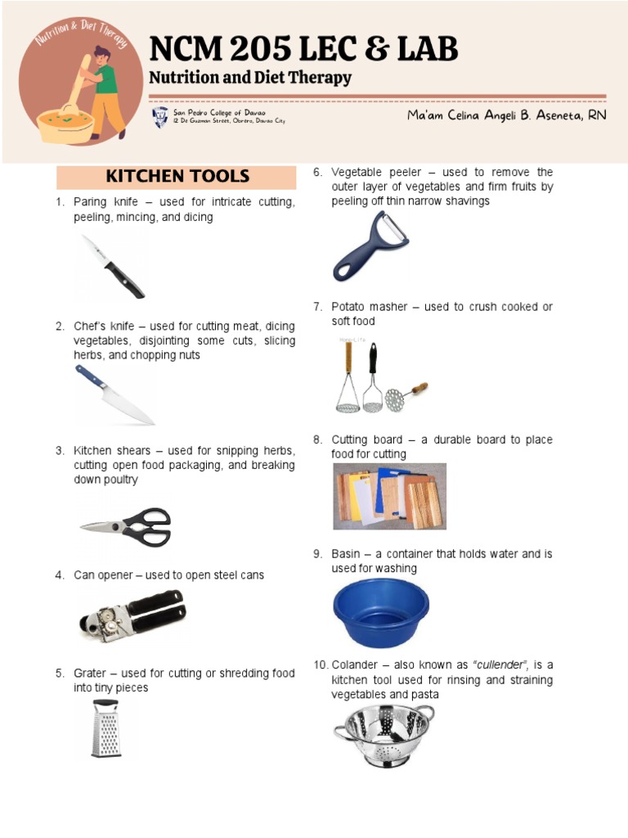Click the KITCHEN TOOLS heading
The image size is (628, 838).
click(x=177, y=177)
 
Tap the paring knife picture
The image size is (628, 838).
click(x=114, y=266)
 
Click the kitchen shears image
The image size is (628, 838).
click(x=127, y=525)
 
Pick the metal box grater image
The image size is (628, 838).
click(x=105, y=728)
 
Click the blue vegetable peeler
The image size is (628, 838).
click(x=369, y=246)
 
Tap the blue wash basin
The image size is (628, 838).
click(x=380, y=612)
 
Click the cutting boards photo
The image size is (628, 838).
click(x=389, y=496)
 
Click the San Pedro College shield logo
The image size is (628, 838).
click(x=160, y=117)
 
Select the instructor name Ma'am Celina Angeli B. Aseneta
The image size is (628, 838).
click(x=507, y=116)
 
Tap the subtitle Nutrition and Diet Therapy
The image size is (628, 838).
click(x=249, y=79)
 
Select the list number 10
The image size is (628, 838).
click(x=320, y=665)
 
